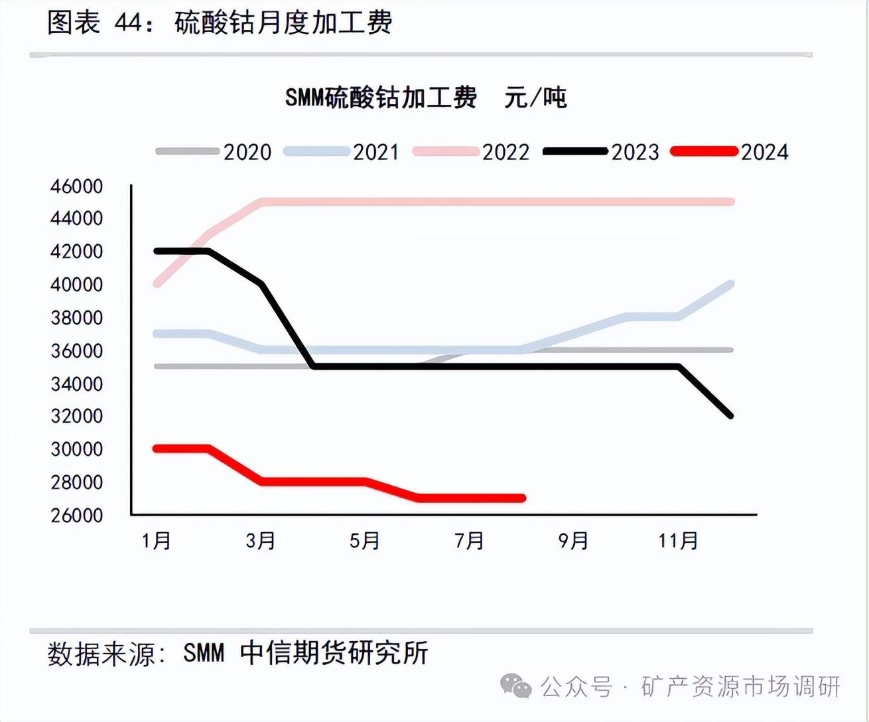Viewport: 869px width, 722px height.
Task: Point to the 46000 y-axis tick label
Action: (x=77, y=186)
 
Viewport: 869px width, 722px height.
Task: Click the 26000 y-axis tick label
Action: (x=77, y=515)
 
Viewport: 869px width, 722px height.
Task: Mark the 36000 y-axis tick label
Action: (x=77, y=350)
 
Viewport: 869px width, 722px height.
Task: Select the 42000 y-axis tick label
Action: (x=77, y=252)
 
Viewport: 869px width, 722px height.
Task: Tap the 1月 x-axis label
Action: (x=157, y=541)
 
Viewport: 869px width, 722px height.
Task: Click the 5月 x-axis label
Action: (x=365, y=541)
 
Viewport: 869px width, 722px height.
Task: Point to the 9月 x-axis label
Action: (x=574, y=541)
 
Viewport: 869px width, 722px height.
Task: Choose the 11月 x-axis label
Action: (x=678, y=541)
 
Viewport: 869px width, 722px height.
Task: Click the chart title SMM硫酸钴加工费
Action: (x=381, y=98)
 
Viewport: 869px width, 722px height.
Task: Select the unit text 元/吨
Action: (x=535, y=98)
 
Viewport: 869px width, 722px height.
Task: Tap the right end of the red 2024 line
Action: (x=523, y=498)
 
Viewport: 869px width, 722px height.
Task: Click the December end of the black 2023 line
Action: (x=730, y=415)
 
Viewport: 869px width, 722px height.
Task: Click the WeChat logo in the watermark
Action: (x=515, y=686)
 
